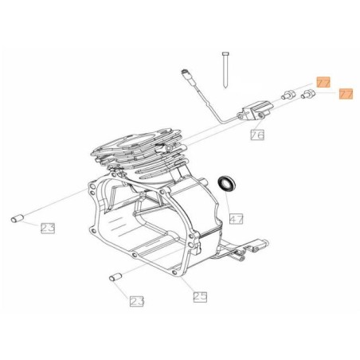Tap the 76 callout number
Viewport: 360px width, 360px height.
coord(257,135)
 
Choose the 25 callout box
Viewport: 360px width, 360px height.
coord(200,296)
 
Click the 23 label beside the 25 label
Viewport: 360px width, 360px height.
coord(136,301)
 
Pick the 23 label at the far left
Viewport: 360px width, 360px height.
coord(48,229)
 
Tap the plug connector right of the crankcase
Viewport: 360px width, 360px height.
coord(257,247)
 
